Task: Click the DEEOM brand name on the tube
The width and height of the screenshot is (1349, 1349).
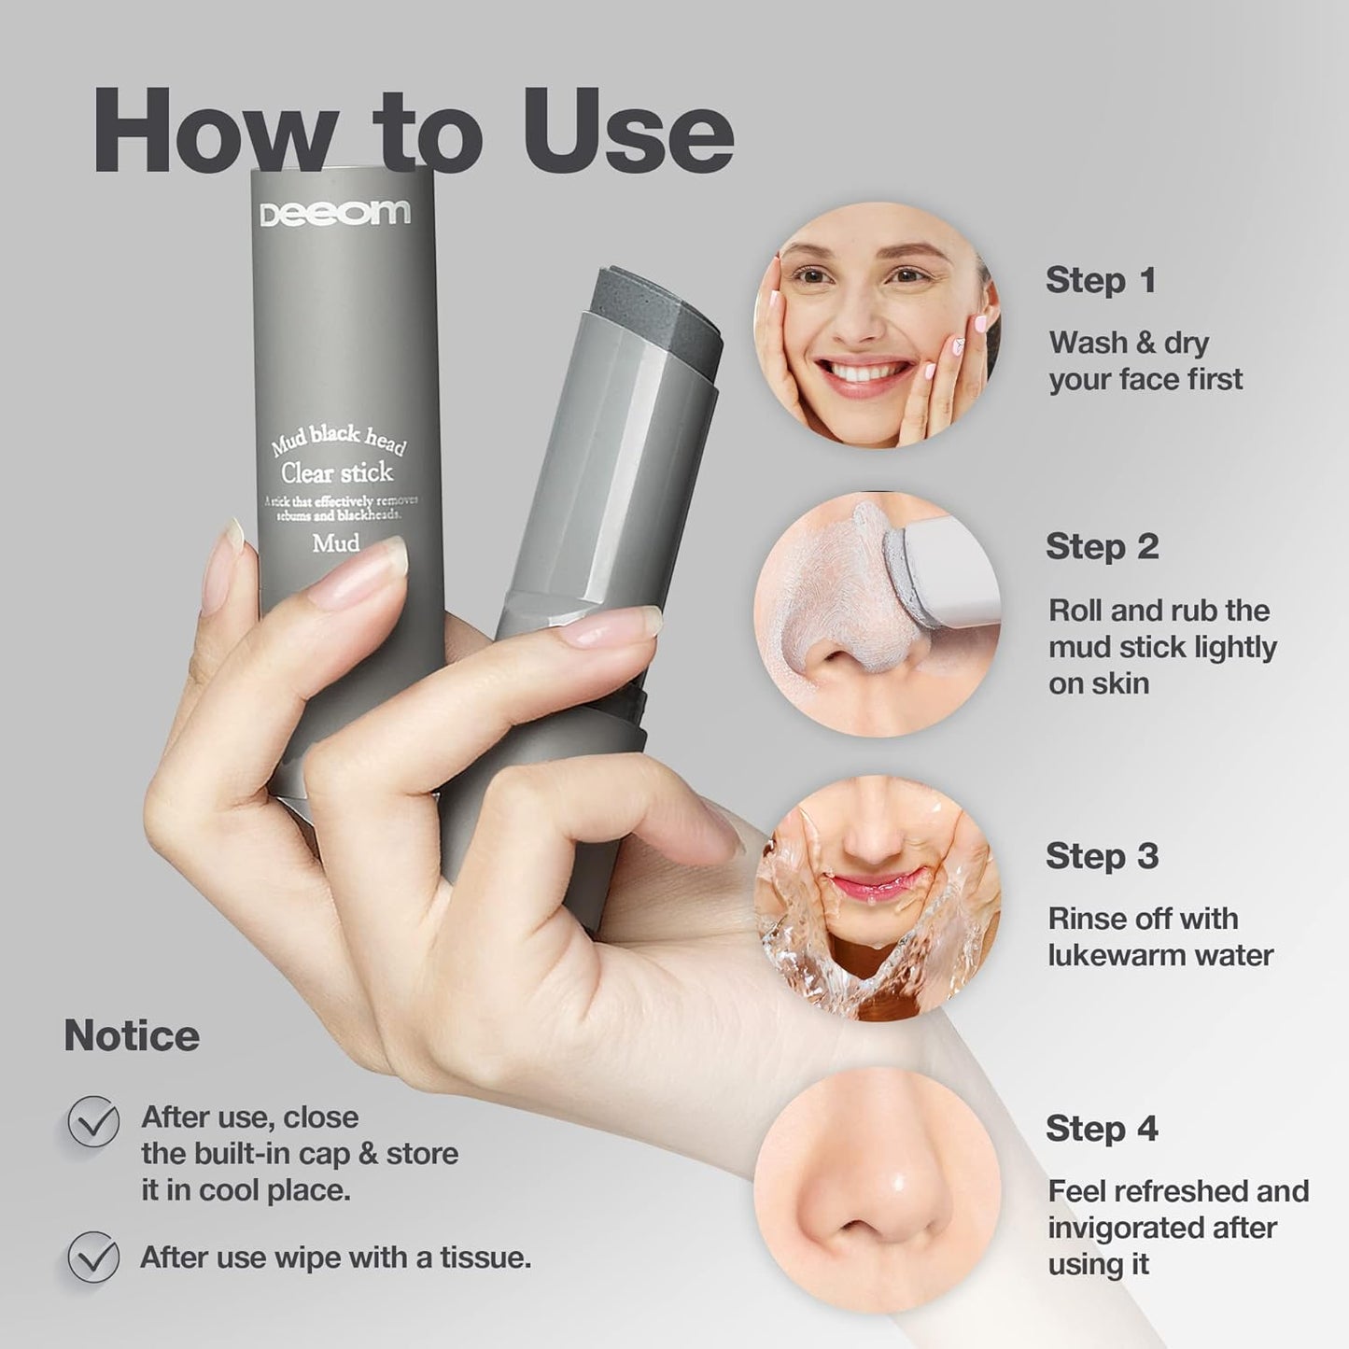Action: (x=334, y=214)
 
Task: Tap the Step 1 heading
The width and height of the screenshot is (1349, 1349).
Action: (x=1101, y=280)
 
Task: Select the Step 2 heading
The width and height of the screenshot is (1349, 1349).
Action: (x=1102, y=547)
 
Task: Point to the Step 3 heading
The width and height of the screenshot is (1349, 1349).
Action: (x=1102, y=856)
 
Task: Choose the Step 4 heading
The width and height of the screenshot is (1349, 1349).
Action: (x=1102, y=1129)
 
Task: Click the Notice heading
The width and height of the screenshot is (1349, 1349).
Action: (x=132, y=1036)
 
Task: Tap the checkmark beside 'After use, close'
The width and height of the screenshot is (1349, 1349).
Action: (x=93, y=1121)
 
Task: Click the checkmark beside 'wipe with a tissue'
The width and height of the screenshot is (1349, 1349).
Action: (x=93, y=1258)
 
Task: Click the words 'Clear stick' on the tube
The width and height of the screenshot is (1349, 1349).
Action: (x=337, y=472)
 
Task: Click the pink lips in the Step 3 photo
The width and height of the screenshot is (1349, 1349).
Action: (x=870, y=883)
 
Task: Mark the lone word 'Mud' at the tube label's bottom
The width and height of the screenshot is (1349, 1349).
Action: (x=336, y=543)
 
